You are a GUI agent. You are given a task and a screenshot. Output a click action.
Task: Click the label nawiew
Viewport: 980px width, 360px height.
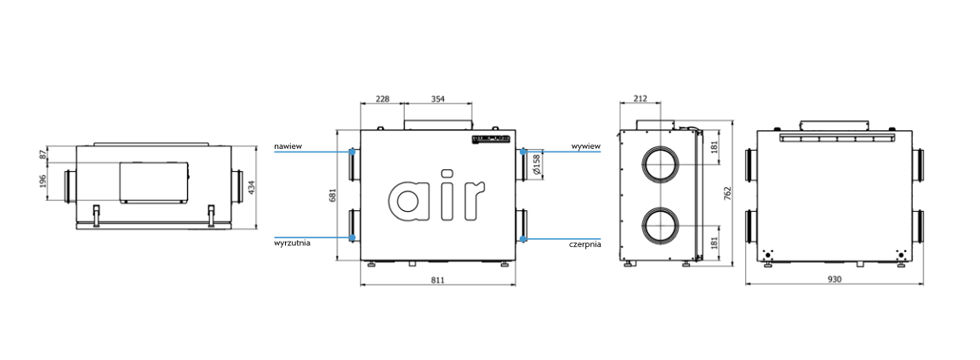coord(288,146)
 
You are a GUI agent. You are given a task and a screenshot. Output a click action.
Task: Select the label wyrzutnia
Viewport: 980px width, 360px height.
coord(292,243)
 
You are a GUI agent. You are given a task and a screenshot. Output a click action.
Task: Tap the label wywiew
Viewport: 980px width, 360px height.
coord(585,146)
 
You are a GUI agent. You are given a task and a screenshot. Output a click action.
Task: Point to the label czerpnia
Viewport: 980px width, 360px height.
coord(585,243)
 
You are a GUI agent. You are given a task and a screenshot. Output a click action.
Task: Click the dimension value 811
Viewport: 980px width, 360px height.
coord(437,280)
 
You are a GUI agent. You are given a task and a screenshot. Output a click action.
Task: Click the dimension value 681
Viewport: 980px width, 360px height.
coord(333,195)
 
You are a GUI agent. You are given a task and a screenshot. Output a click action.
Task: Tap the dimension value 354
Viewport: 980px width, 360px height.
coord(437,98)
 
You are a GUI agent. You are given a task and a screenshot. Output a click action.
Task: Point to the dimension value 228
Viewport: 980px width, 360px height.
coord(382,98)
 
